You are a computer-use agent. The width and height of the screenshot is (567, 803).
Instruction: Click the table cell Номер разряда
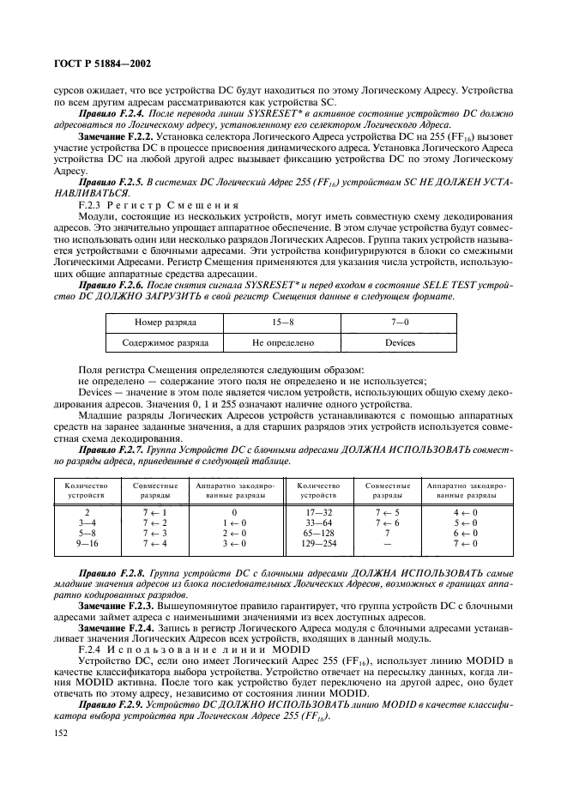[x=165, y=323]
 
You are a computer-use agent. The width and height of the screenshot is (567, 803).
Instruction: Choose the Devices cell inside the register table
[x=400, y=342]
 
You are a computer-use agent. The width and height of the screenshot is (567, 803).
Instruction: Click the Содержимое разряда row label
[x=165, y=342]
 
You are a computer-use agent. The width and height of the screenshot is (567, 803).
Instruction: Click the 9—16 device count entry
[x=83, y=543]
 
